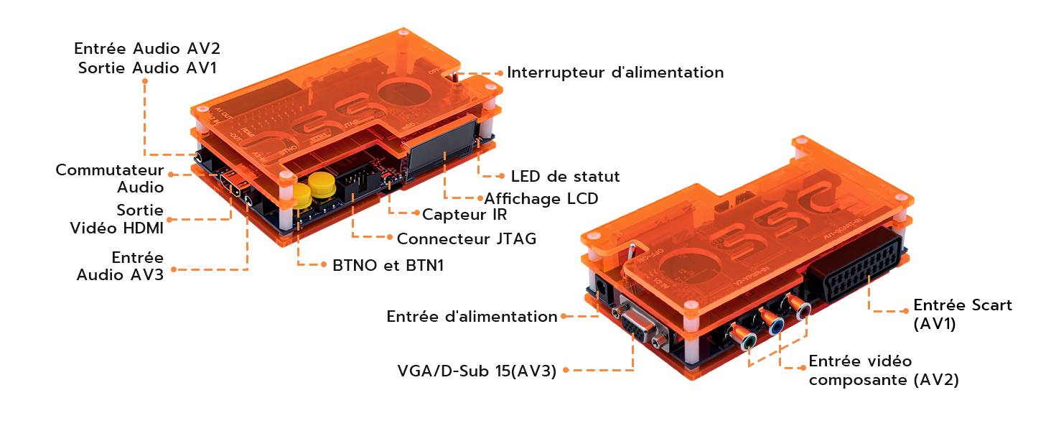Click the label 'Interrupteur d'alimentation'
coord(615,73)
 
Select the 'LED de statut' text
coord(564,176)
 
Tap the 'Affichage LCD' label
coord(541,198)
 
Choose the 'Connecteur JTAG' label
coord(466,238)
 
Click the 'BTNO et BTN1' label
coord(388,265)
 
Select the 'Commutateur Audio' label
coord(109,179)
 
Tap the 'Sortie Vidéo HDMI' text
coord(116,219)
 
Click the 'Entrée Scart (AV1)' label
coord(961,314)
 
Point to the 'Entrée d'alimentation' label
coord(471,316)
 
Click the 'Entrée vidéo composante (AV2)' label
coord(883,370)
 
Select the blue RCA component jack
coord(776,326)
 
